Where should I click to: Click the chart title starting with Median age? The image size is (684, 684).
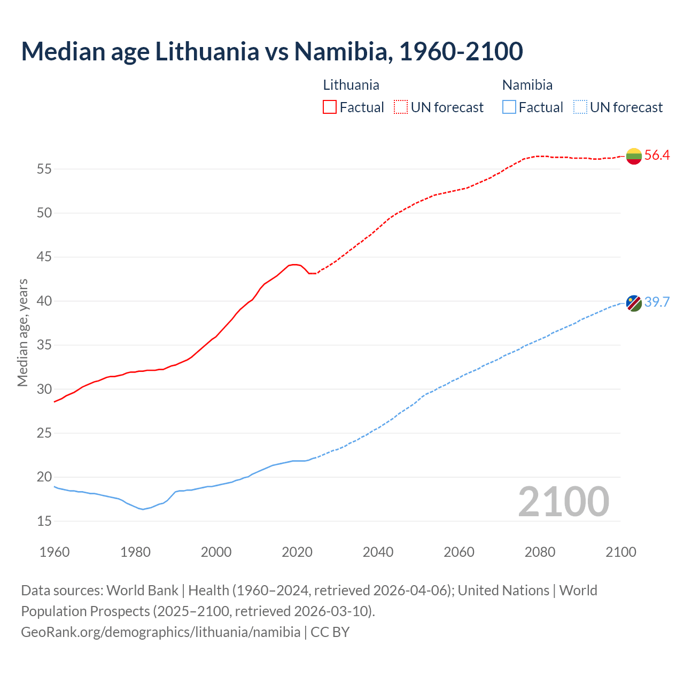(x=271, y=51)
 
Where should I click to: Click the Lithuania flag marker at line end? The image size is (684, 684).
(x=634, y=156)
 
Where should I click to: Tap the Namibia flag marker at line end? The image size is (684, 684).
(x=634, y=303)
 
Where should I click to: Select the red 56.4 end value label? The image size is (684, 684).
(x=657, y=156)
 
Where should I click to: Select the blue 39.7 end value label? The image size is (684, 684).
(x=657, y=302)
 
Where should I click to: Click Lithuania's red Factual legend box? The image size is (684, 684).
(x=330, y=107)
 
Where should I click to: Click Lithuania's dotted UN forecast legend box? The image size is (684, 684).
(x=401, y=107)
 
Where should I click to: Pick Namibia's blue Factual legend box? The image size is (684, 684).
(x=509, y=107)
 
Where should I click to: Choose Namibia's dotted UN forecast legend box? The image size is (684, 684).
(x=580, y=107)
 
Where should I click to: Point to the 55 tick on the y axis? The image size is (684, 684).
(x=44, y=169)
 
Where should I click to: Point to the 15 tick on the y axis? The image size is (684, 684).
(x=44, y=521)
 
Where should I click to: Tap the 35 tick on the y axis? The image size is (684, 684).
(x=44, y=345)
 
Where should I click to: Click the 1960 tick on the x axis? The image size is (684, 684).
(x=55, y=552)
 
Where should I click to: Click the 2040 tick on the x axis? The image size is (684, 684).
(x=378, y=552)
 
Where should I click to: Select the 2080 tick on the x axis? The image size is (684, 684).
(x=540, y=552)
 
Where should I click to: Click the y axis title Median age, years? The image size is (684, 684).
(x=22, y=332)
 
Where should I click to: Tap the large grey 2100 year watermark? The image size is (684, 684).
(x=563, y=501)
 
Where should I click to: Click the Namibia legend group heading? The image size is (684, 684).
(x=527, y=85)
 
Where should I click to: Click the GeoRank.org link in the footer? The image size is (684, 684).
(x=160, y=632)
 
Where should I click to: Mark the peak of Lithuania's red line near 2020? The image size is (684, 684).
(x=294, y=265)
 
